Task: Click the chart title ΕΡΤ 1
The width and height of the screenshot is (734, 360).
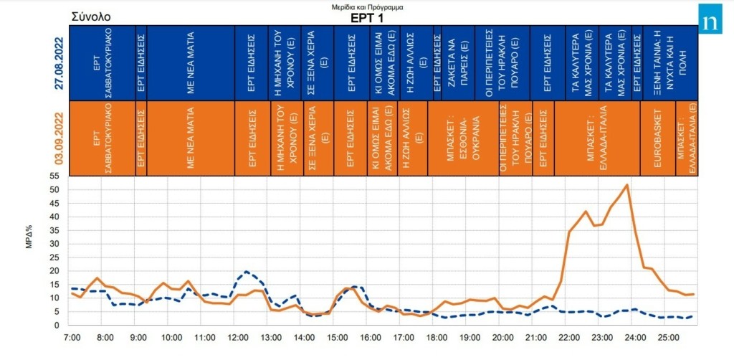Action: (367, 19)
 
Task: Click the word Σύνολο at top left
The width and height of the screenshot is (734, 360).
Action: (91, 16)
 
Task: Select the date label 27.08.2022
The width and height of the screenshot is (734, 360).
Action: (61, 62)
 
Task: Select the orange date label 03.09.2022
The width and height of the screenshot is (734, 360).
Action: (61, 138)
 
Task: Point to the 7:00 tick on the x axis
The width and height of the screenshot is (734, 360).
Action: (72, 336)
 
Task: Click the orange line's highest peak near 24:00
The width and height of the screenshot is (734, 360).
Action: (627, 185)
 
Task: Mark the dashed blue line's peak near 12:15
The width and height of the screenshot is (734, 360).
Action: (247, 272)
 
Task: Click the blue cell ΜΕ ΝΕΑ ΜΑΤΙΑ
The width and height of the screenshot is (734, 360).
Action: (191, 63)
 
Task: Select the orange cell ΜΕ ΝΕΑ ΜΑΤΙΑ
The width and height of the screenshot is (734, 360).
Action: (191, 138)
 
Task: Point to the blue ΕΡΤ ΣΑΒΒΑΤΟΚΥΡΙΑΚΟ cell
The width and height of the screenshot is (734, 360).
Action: (101, 63)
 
